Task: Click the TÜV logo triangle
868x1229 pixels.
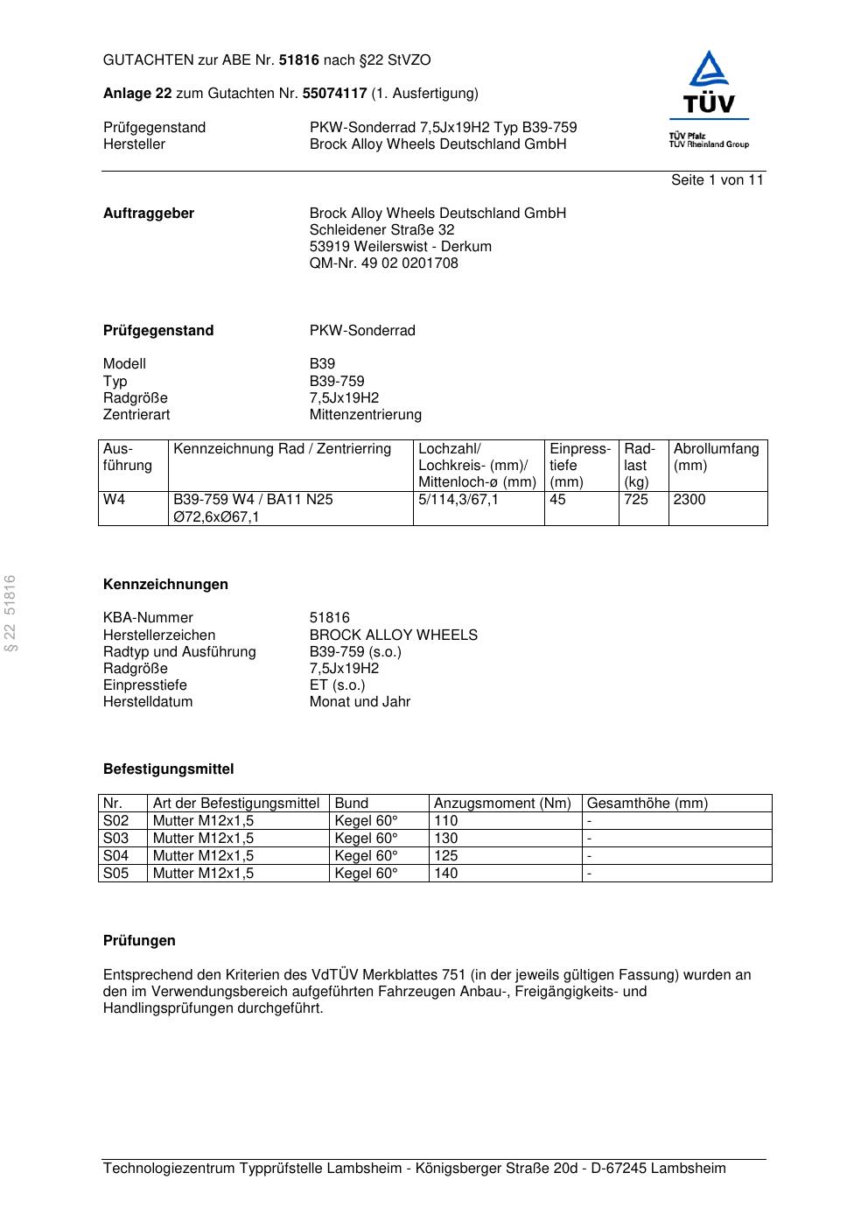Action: (708, 71)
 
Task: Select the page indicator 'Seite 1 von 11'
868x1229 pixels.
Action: (717, 180)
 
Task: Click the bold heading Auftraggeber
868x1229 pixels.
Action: (149, 214)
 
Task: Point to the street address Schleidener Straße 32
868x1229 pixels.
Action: (381, 230)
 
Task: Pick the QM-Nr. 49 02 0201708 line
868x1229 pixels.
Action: (383, 263)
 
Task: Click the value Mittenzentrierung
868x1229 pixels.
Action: (365, 415)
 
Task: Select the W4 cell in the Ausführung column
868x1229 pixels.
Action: (115, 500)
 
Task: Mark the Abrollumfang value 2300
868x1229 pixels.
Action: (689, 500)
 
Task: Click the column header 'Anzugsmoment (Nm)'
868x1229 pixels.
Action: (502, 804)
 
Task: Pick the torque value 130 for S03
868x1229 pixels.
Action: (445, 839)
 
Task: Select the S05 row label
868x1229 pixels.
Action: (115, 874)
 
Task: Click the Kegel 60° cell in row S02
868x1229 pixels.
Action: (366, 821)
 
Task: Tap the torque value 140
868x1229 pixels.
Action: (445, 874)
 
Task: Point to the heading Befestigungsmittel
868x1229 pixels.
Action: (168, 769)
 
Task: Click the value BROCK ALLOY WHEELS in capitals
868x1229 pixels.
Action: (393, 636)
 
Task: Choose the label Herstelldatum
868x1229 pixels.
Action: (148, 702)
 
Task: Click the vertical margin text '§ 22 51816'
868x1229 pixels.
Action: (10, 613)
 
